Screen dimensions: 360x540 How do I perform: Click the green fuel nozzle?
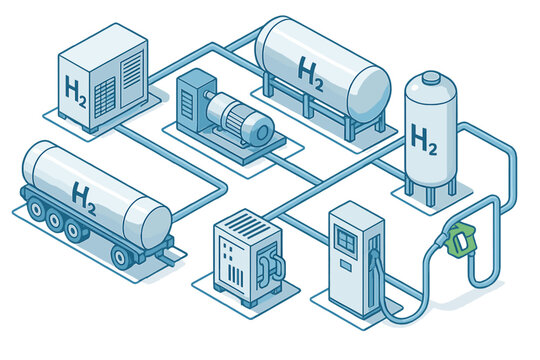point(461,239)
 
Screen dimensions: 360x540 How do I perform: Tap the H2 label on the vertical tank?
point(424,139)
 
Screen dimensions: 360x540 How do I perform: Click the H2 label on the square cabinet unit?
point(74,91)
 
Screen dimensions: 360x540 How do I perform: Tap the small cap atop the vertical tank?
point(430,77)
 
